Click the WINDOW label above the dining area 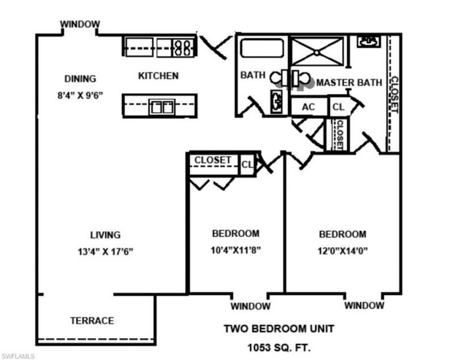(x=80, y=24)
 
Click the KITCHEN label (x=158, y=76)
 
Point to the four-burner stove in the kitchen (x=183, y=47)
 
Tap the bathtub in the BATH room (x=261, y=48)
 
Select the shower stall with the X (x=317, y=51)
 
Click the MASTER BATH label (x=348, y=82)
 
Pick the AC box (x=309, y=106)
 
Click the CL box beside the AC (x=338, y=106)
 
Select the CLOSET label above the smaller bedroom (x=212, y=160)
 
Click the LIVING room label (x=105, y=235)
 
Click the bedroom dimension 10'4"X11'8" (x=236, y=249)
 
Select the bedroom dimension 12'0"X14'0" (x=342, y=250)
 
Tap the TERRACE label (x=92, y=320)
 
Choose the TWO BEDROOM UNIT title (x=279, y=328)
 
